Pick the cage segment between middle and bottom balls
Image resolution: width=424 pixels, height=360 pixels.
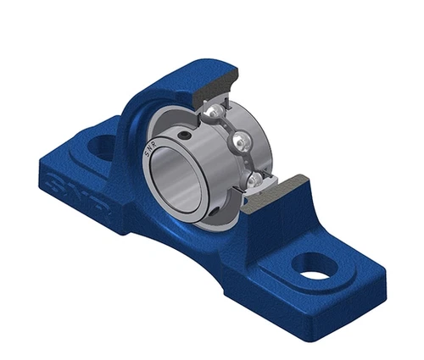point(249,162)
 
